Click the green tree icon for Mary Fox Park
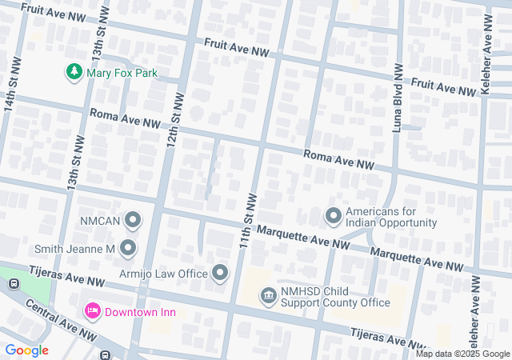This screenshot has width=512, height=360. tap(74, 73)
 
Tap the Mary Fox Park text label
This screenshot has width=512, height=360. tap(122, 74)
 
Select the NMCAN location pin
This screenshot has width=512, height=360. tap(133, 219)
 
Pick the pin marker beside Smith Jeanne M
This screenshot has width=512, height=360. tap(128, 250)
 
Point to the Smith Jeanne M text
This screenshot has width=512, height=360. tap(76, 250)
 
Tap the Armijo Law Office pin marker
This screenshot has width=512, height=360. tap(221, 274)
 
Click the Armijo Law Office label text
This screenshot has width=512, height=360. tap(163, 274)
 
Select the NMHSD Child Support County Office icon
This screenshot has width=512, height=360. tap(269, 297)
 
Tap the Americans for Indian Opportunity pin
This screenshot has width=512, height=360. tap(333, 216)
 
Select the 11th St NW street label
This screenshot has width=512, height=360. tap(248, 219)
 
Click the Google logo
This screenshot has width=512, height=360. tap(26, 350)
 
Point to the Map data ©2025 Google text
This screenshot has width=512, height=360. tap(462, 354)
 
